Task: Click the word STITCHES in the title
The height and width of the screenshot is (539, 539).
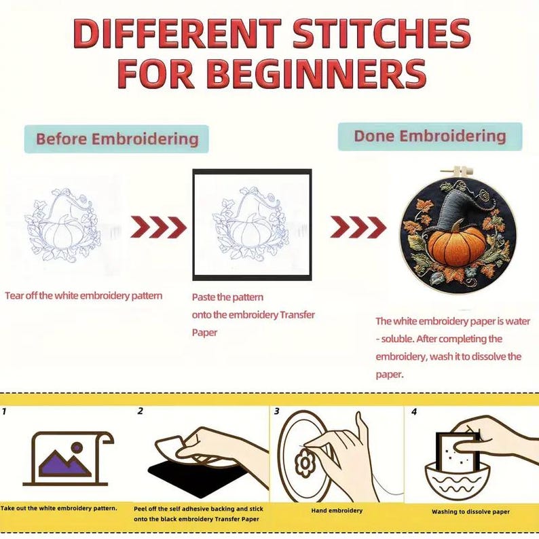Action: (x=382, y=33)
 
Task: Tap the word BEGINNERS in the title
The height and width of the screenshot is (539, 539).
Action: (x=316, y=75)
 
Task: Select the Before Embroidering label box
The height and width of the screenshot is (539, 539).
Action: (x=117, y=139)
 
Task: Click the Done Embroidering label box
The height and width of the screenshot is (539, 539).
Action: (x=430, y=136)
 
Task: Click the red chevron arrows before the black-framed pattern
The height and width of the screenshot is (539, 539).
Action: (x=158, y=227)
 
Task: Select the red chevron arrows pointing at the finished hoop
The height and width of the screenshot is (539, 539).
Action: (x=358, y=227)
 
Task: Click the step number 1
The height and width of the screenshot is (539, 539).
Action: (x=4, y=411)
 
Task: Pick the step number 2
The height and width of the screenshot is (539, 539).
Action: (x=140, y=411)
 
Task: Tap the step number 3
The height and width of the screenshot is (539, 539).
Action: (x=277, y=411)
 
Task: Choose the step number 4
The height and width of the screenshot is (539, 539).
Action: (x=414, y=411)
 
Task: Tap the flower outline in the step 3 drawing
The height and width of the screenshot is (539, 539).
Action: (x=305, y=463)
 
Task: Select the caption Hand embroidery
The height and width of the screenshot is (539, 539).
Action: (x=337, y=510)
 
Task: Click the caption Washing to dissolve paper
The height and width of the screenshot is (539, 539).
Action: (x=470, y=512)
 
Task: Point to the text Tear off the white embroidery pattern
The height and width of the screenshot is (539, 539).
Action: (x=83, y=296)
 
